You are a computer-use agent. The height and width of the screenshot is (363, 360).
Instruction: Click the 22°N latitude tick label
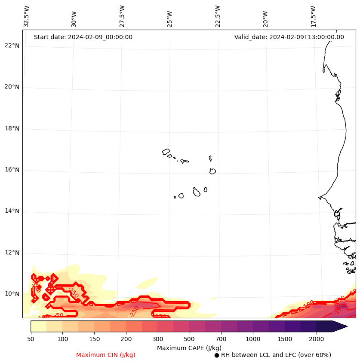12,46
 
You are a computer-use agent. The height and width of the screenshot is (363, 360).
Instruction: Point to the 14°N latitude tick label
12,211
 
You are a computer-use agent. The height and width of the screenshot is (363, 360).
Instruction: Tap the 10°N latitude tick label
12,294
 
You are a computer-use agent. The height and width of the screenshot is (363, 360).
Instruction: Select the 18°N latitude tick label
12,128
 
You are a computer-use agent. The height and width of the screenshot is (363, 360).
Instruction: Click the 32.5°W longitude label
27,16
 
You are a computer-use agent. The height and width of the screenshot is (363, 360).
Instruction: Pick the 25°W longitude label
170,19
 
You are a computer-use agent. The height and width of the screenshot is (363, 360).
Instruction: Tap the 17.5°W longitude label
314,16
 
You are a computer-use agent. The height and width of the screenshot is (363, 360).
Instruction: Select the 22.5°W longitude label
218,16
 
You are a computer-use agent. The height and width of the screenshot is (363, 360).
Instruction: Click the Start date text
83,37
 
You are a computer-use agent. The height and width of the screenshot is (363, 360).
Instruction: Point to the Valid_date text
289,37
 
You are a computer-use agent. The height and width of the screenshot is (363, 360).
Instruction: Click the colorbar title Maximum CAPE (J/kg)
189,348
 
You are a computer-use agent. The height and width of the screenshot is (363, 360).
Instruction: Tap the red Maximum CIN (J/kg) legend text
106,355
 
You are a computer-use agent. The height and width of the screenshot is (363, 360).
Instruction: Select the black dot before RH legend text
217,355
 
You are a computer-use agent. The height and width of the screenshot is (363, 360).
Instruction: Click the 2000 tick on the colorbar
317,339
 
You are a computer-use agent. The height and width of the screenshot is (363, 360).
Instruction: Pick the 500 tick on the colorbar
189,339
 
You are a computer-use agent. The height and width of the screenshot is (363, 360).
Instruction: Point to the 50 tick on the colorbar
31,339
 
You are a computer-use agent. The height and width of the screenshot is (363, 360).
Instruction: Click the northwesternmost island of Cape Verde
166,151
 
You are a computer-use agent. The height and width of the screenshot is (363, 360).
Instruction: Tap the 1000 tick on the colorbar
253,339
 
